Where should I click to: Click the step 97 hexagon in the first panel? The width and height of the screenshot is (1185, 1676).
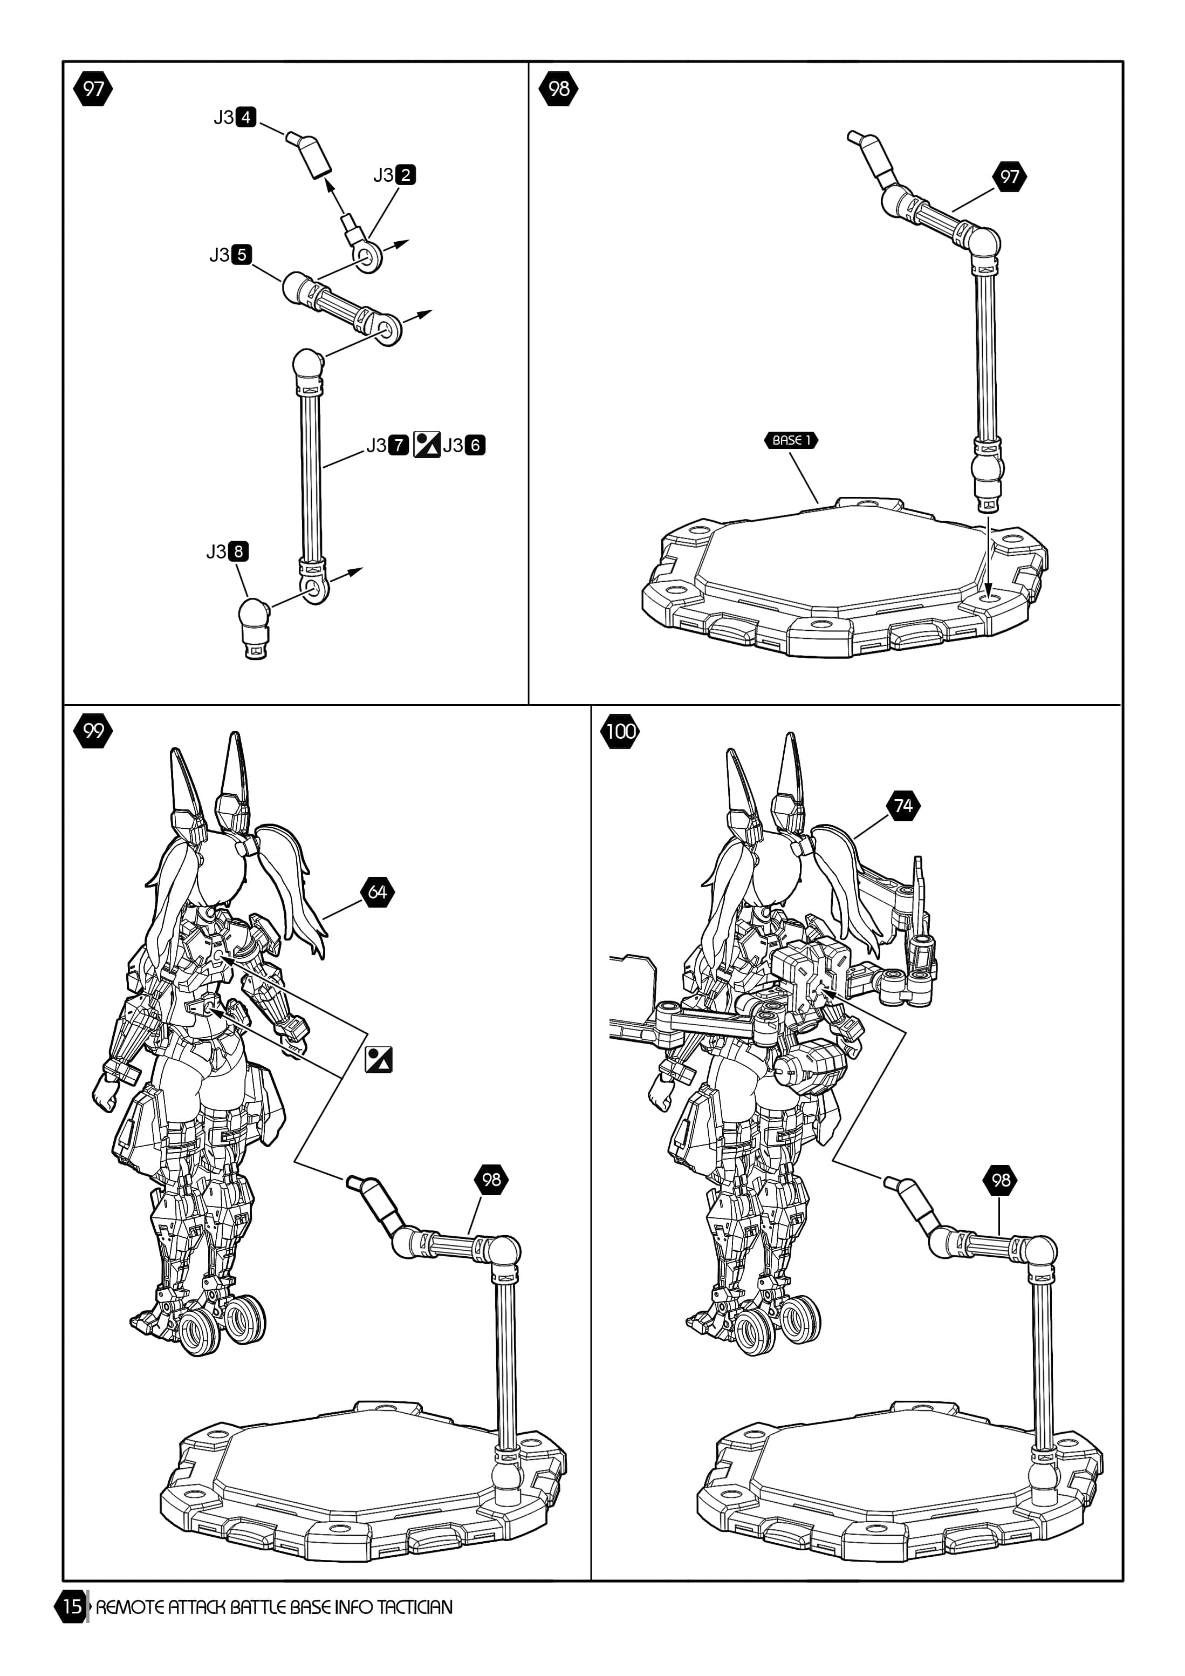93,89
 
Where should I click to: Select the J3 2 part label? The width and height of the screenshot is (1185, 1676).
395,175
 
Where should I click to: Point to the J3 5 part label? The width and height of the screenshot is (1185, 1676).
230,255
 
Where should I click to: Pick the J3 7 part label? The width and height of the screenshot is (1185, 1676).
387,445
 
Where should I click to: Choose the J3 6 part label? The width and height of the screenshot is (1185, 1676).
464,445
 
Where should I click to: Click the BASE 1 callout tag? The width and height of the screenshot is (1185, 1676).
791,440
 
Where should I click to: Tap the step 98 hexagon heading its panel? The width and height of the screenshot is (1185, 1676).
558,89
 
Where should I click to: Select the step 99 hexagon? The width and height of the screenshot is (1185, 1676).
93,731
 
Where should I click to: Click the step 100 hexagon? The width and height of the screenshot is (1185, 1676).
620,731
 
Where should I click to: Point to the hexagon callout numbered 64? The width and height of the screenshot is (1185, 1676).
377,891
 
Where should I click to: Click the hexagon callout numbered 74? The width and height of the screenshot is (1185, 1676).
903,806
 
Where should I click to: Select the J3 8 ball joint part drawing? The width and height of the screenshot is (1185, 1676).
255,626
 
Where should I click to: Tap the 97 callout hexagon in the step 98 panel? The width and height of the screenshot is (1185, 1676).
1009,176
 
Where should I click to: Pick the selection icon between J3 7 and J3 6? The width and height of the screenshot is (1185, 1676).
427,445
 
